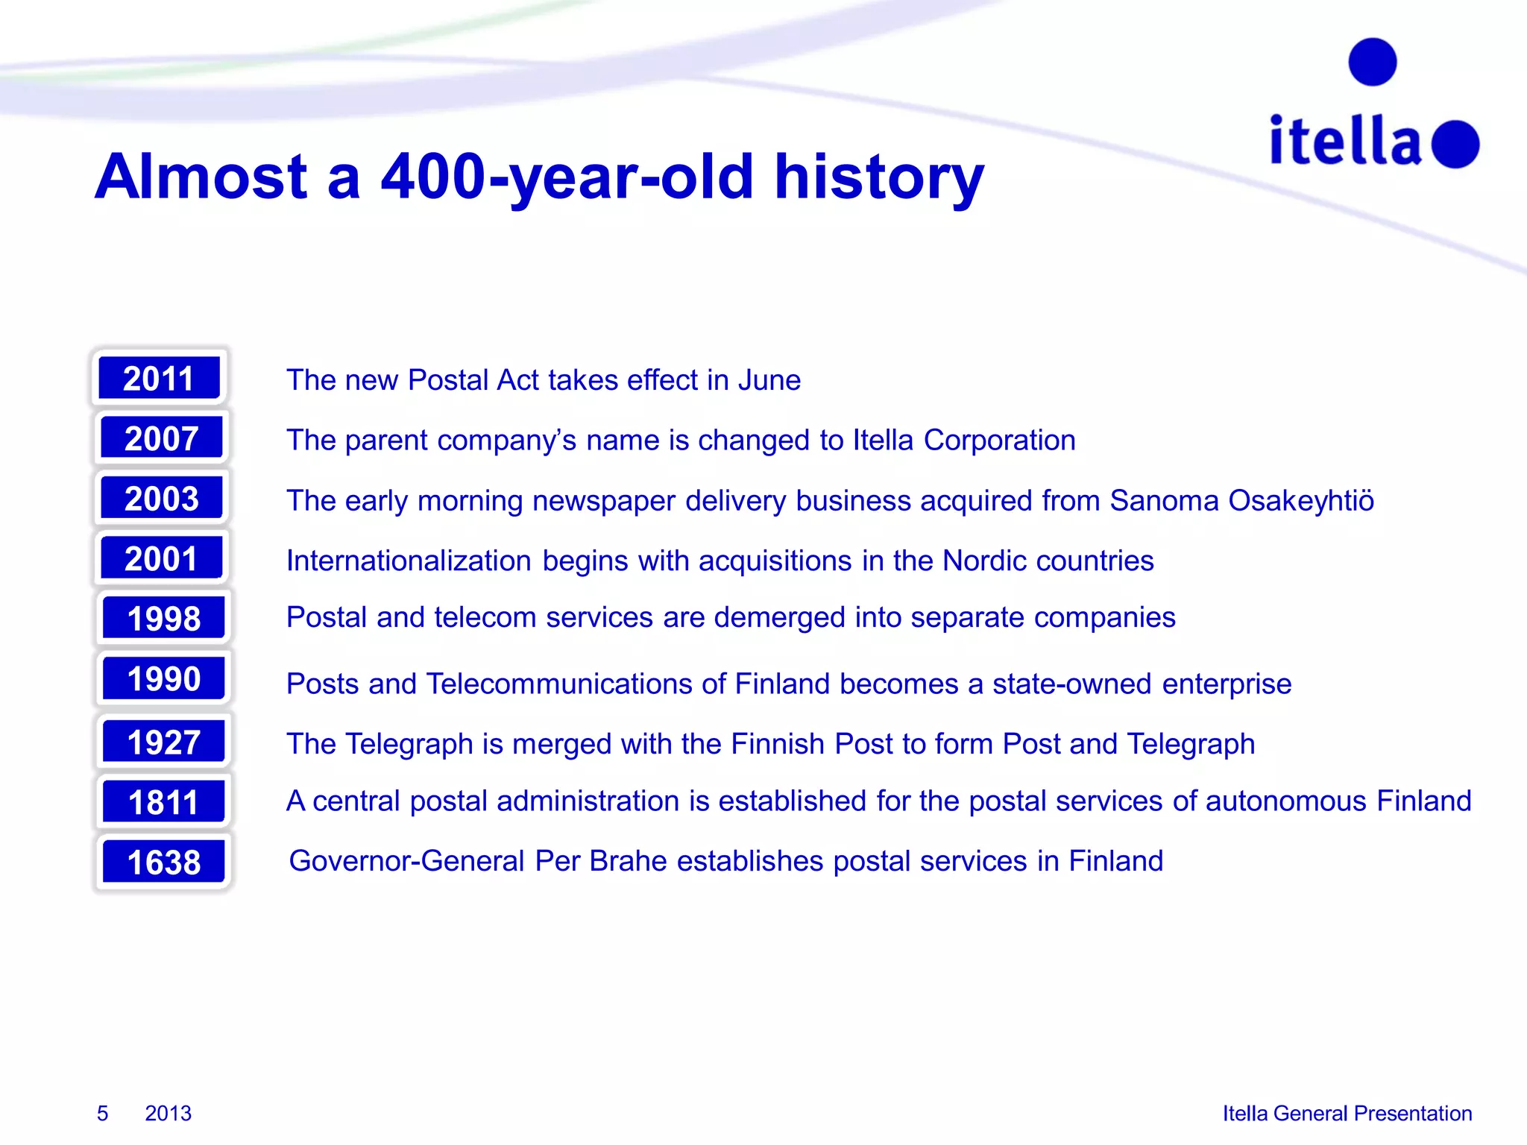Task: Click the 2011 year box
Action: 159,378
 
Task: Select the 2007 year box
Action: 162,438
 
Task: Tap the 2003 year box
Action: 162,498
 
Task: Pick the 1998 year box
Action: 163,618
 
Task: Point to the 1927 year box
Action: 163,742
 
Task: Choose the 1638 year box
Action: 163,862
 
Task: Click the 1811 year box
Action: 163,802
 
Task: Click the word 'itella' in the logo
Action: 1346,141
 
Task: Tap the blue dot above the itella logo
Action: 1372,62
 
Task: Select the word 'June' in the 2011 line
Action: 769,380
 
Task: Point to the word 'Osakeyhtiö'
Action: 1300,500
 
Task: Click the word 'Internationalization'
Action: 409,561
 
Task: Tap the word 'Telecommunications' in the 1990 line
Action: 575,684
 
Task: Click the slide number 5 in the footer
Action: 103,1113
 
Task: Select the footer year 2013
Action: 168,1113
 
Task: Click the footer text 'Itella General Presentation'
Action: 1347,1113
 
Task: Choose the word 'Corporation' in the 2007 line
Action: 999,440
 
